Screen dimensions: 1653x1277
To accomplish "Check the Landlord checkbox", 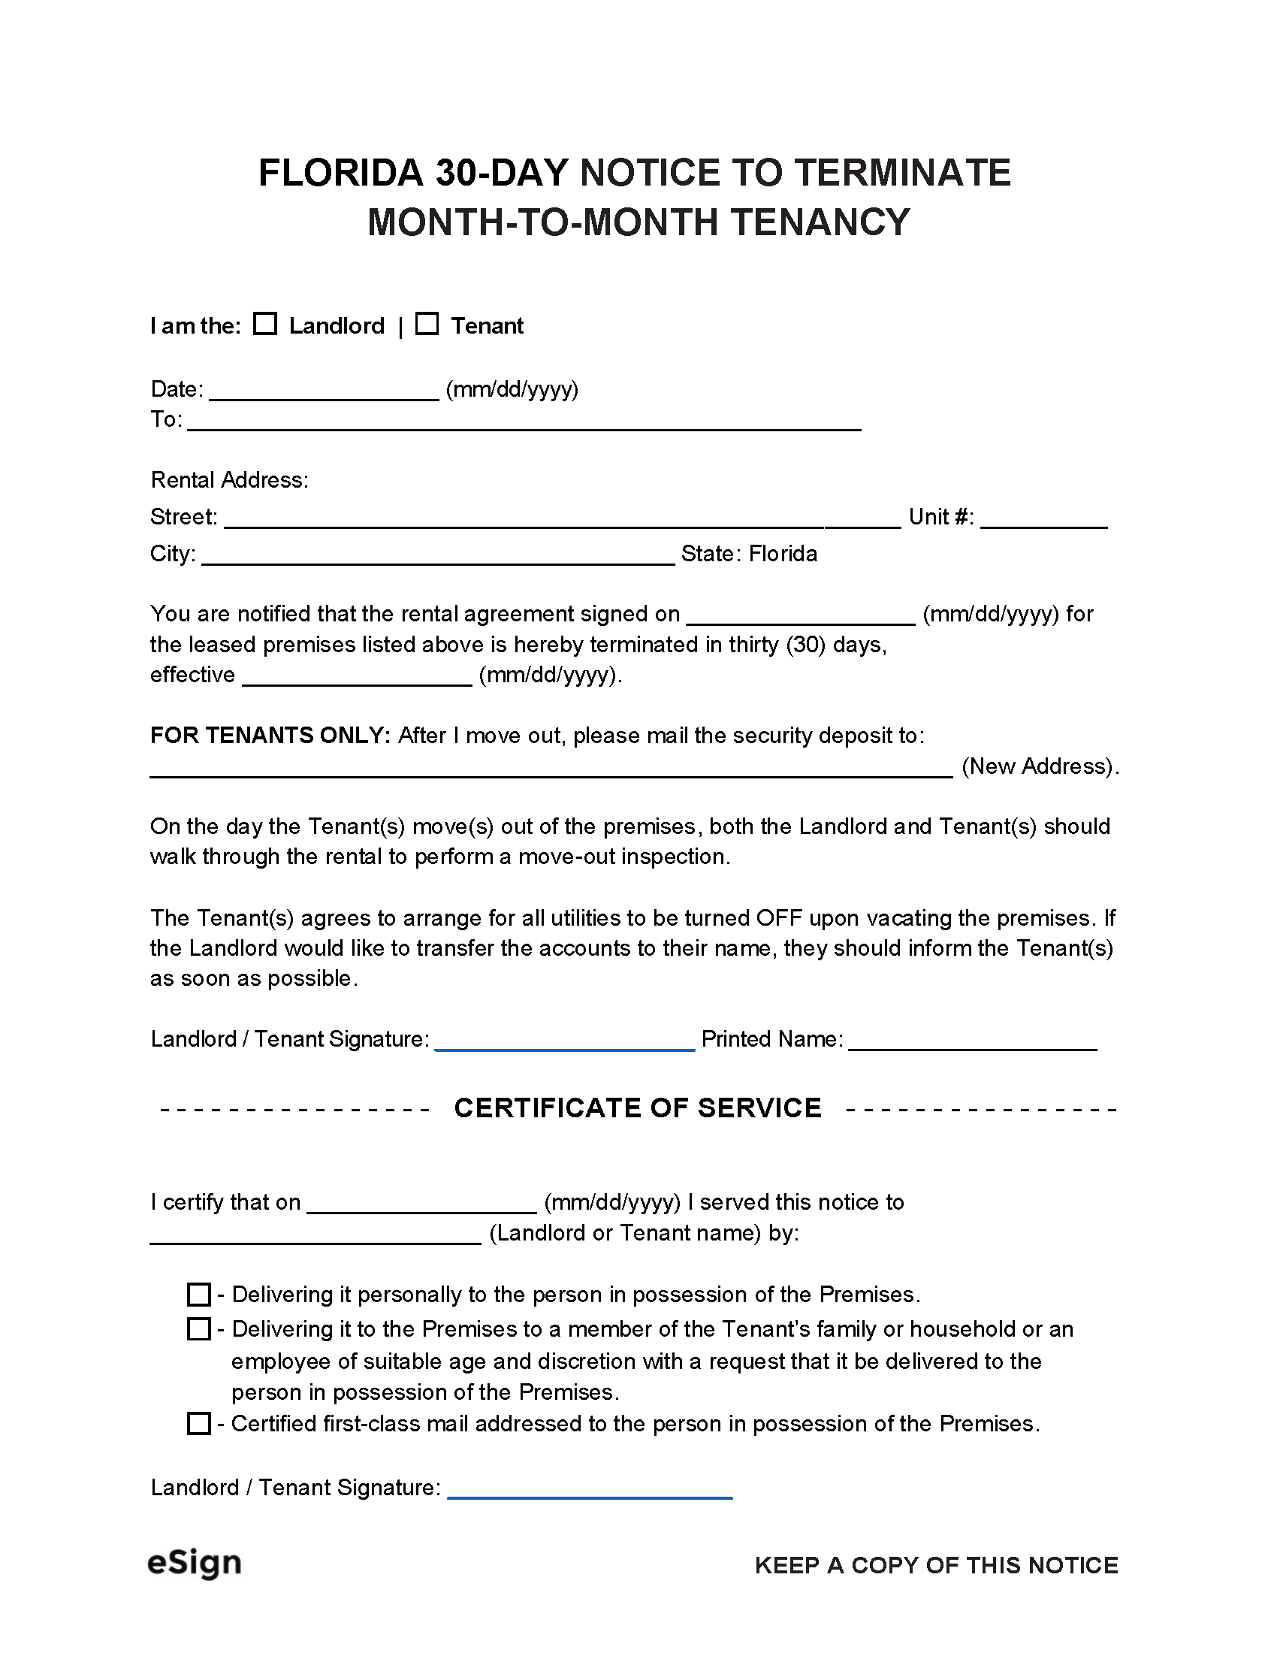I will [264, 324].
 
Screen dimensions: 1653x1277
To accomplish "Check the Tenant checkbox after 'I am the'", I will [427, 324].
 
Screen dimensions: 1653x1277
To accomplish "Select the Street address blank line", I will [561, 519].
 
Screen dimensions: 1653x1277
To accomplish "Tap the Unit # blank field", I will [1043, 519].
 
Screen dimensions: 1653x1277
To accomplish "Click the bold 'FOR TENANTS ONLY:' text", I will [270, 736].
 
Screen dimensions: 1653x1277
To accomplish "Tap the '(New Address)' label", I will [1040, 766].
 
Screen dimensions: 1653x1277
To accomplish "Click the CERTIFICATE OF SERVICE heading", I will [637, 1108].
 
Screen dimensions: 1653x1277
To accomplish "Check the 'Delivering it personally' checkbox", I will [198, 1295].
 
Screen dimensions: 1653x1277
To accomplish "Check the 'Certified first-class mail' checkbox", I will [198, 1424].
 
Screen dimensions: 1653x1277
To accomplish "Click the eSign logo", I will [195, 1563].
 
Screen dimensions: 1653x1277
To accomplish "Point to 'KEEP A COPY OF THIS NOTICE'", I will [936, 1565].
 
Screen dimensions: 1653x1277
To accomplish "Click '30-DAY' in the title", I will [501, 173].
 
